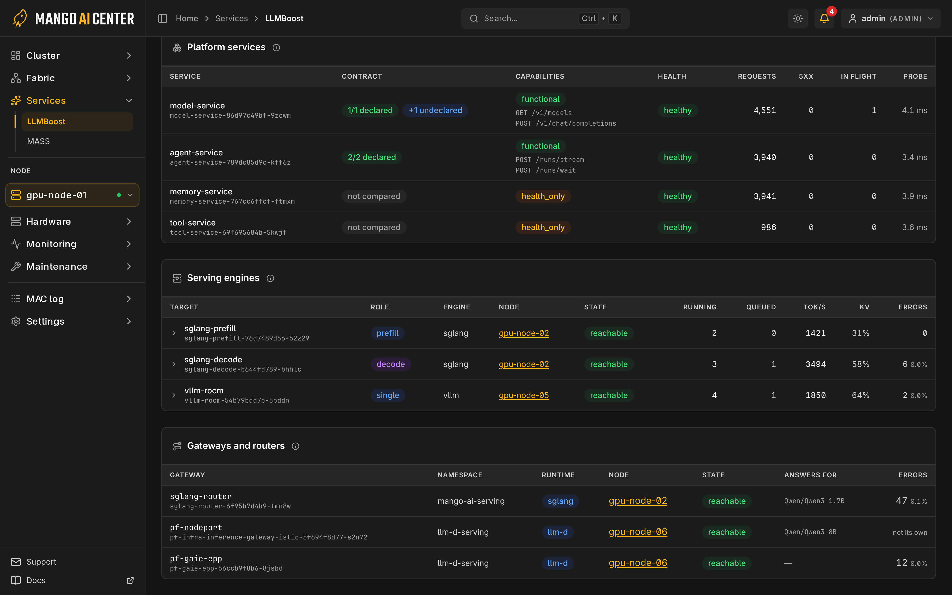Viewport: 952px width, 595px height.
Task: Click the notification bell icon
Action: pos(824,19)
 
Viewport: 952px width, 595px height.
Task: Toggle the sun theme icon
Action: pos(798,19)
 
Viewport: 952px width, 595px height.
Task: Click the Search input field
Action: pos(545,19)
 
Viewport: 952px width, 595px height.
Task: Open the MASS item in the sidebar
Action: pos(39,141)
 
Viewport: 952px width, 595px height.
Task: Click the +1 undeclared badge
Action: pos(435,110)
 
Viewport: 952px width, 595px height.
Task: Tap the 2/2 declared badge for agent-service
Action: pos(372,157)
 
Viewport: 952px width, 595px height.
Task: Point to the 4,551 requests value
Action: pos(765,110)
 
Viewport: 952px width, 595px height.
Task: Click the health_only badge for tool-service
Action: pos(543,227)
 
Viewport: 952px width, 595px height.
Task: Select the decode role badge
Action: pos(391,364)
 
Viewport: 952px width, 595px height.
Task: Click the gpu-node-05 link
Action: pos(524,395)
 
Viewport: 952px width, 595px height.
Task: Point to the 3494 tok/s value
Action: pos(816,364)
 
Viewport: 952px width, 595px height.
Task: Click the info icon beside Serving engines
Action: pos(270,278)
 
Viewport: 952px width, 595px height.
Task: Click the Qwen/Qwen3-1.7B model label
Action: pos(814,501)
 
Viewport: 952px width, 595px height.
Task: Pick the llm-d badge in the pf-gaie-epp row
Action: pos(558,563)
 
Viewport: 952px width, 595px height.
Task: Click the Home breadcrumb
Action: pos(187,19)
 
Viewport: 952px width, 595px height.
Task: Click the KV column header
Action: pos(864,307)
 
